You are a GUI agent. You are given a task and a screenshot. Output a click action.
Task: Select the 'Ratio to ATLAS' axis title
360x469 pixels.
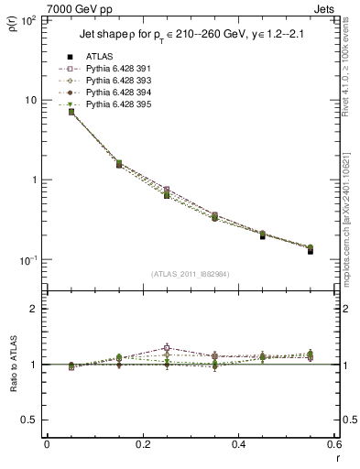(x=14, y=365)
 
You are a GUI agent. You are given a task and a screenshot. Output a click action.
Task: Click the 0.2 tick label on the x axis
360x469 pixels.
(x=143, y=444)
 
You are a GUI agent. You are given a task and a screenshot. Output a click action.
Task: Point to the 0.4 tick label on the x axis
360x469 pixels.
(x=239, y=444)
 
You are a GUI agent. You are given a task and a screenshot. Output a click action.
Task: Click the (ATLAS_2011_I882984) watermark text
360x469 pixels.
(x=191, y=273)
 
